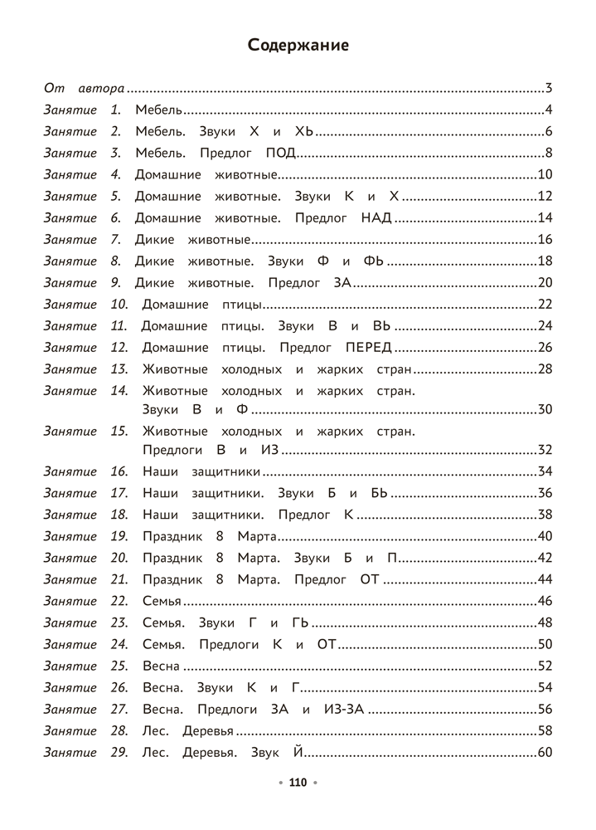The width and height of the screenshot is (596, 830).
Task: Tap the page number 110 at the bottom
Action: click(x=298, y=782)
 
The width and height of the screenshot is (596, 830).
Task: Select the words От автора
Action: click(x=84, y=88)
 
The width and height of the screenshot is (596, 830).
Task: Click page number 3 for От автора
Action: click(x=549, y=88)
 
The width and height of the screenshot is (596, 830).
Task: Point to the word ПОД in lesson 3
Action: click(x=281, y=153)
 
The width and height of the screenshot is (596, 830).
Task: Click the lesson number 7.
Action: click(x=116, y=240)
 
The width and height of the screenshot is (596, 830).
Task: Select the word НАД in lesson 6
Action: click(x=375, y=218)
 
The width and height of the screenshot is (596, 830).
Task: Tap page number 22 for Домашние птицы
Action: click(x=545, y=305)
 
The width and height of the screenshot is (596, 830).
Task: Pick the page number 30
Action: click(x=545, y=409)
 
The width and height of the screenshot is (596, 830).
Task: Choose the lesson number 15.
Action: click(x=119, y=432)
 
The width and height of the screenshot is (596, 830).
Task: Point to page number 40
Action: click(x=545, y=536)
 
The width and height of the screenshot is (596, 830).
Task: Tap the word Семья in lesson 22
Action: click(x=162, y=601)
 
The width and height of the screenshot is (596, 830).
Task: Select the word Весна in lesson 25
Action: click(x=162, y=666)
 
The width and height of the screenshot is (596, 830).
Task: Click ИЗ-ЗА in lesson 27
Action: click(x=343, y=709)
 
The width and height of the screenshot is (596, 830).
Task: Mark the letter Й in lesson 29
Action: click(x=300, y=753)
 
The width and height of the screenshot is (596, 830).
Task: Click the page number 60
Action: click(x=545, y=753)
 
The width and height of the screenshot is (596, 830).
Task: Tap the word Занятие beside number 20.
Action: click(x=70, y=558)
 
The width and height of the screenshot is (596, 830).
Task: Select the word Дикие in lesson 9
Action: click(x=154, y=283)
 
